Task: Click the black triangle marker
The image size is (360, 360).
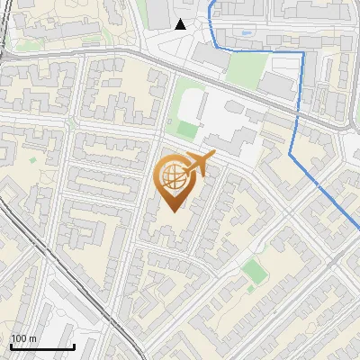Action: [x=180, y=24]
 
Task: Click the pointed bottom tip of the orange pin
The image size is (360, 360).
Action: [x=174, y=211]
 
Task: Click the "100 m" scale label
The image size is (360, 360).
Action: [x=23, y=338]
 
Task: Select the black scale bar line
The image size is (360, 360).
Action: [x=42, y=346]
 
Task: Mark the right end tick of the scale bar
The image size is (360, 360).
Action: [x=74, y=345]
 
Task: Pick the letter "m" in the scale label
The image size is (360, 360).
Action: [x=32, y=338]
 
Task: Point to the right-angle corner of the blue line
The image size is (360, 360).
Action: [x=303, y=53]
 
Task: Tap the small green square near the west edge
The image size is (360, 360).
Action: [x=33, y=160]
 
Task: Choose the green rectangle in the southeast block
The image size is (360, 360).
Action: [x=255, y=270]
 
